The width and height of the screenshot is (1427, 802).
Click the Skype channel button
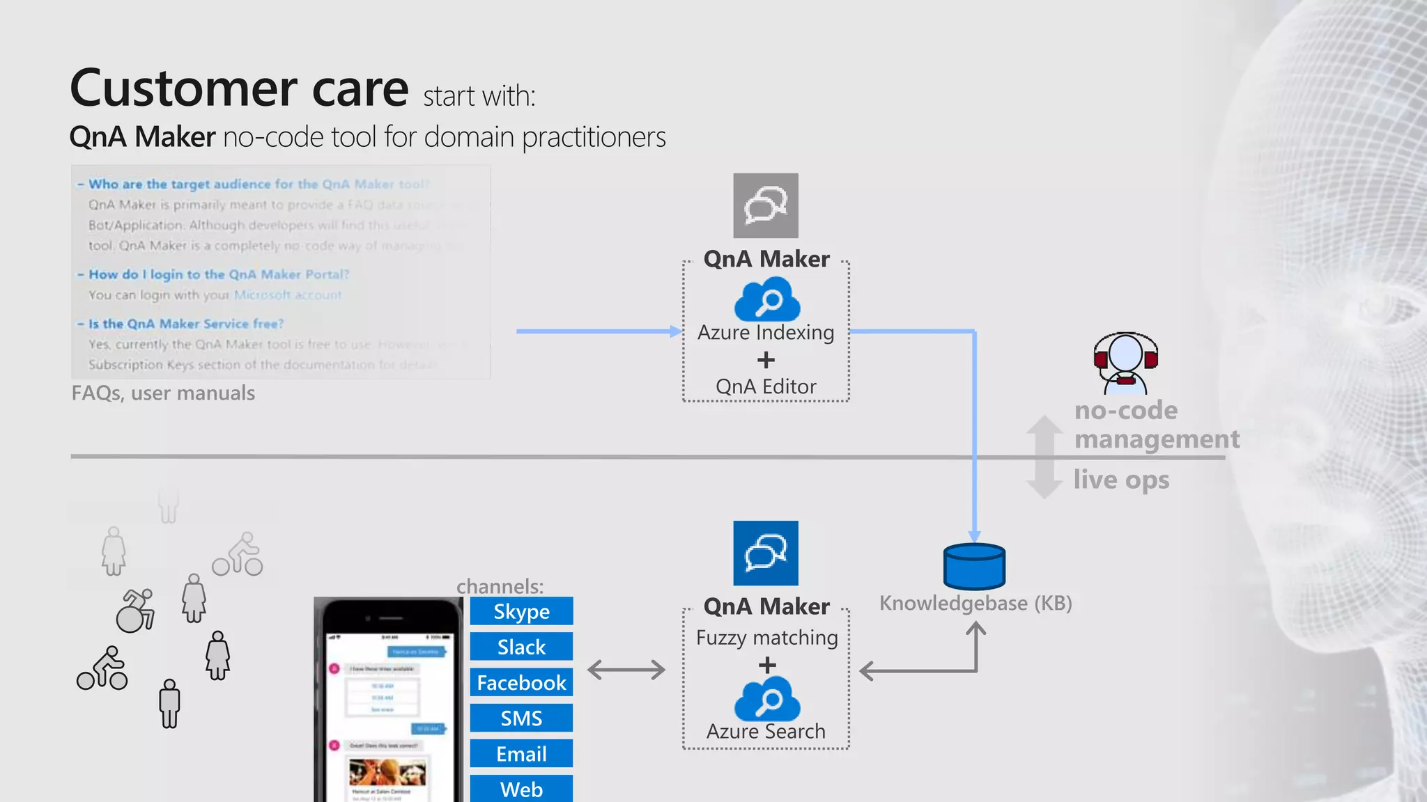pyautogui.click(x=521, y=611)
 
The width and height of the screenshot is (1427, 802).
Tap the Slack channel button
pyautogui.click(x=521, y=647)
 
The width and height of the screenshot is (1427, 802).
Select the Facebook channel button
pyautogui.click(x=521, y=682)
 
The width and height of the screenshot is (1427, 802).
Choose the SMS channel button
pyautogui.click(x=521, y=718)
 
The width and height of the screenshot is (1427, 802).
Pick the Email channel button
pyautogui.click(x=521, y=753)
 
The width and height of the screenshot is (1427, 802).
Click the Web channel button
pyautogui.click(x=521, y=789)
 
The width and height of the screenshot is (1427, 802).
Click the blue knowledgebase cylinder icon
pyautogui.click(x=974, y=567)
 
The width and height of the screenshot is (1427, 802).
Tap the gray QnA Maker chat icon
pyautogui.click(x=766, y=205)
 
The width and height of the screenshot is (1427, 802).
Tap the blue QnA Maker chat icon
pyautogui.click(x=766, y=553)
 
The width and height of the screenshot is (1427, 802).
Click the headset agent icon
pyautogui.click(x=1125, y=362)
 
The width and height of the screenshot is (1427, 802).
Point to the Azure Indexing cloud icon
pyautogui.click(x=766, y=299)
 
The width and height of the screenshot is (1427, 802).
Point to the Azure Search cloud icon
pyautogui.click(x=766, y=699)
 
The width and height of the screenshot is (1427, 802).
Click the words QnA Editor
pyautogui.click(x=766, y=386)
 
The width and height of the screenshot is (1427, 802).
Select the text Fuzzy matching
pyautogui.click(x=766, y=638)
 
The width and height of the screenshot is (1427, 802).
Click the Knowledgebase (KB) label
pyautogui.click(x=975, y=603)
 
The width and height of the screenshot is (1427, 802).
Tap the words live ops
pyautogui.click(x=1120, y=480)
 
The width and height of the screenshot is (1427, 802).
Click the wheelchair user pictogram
pyautogui.click(x=135, y=611)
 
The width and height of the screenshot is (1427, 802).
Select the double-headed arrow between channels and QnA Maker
pyautogui.click(x=626, y=670)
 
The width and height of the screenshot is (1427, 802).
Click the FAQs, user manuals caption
pyautogui.click(x=163, y=393)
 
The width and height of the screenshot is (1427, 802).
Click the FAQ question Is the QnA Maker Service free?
pyautogui.click(x=185, y=324)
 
